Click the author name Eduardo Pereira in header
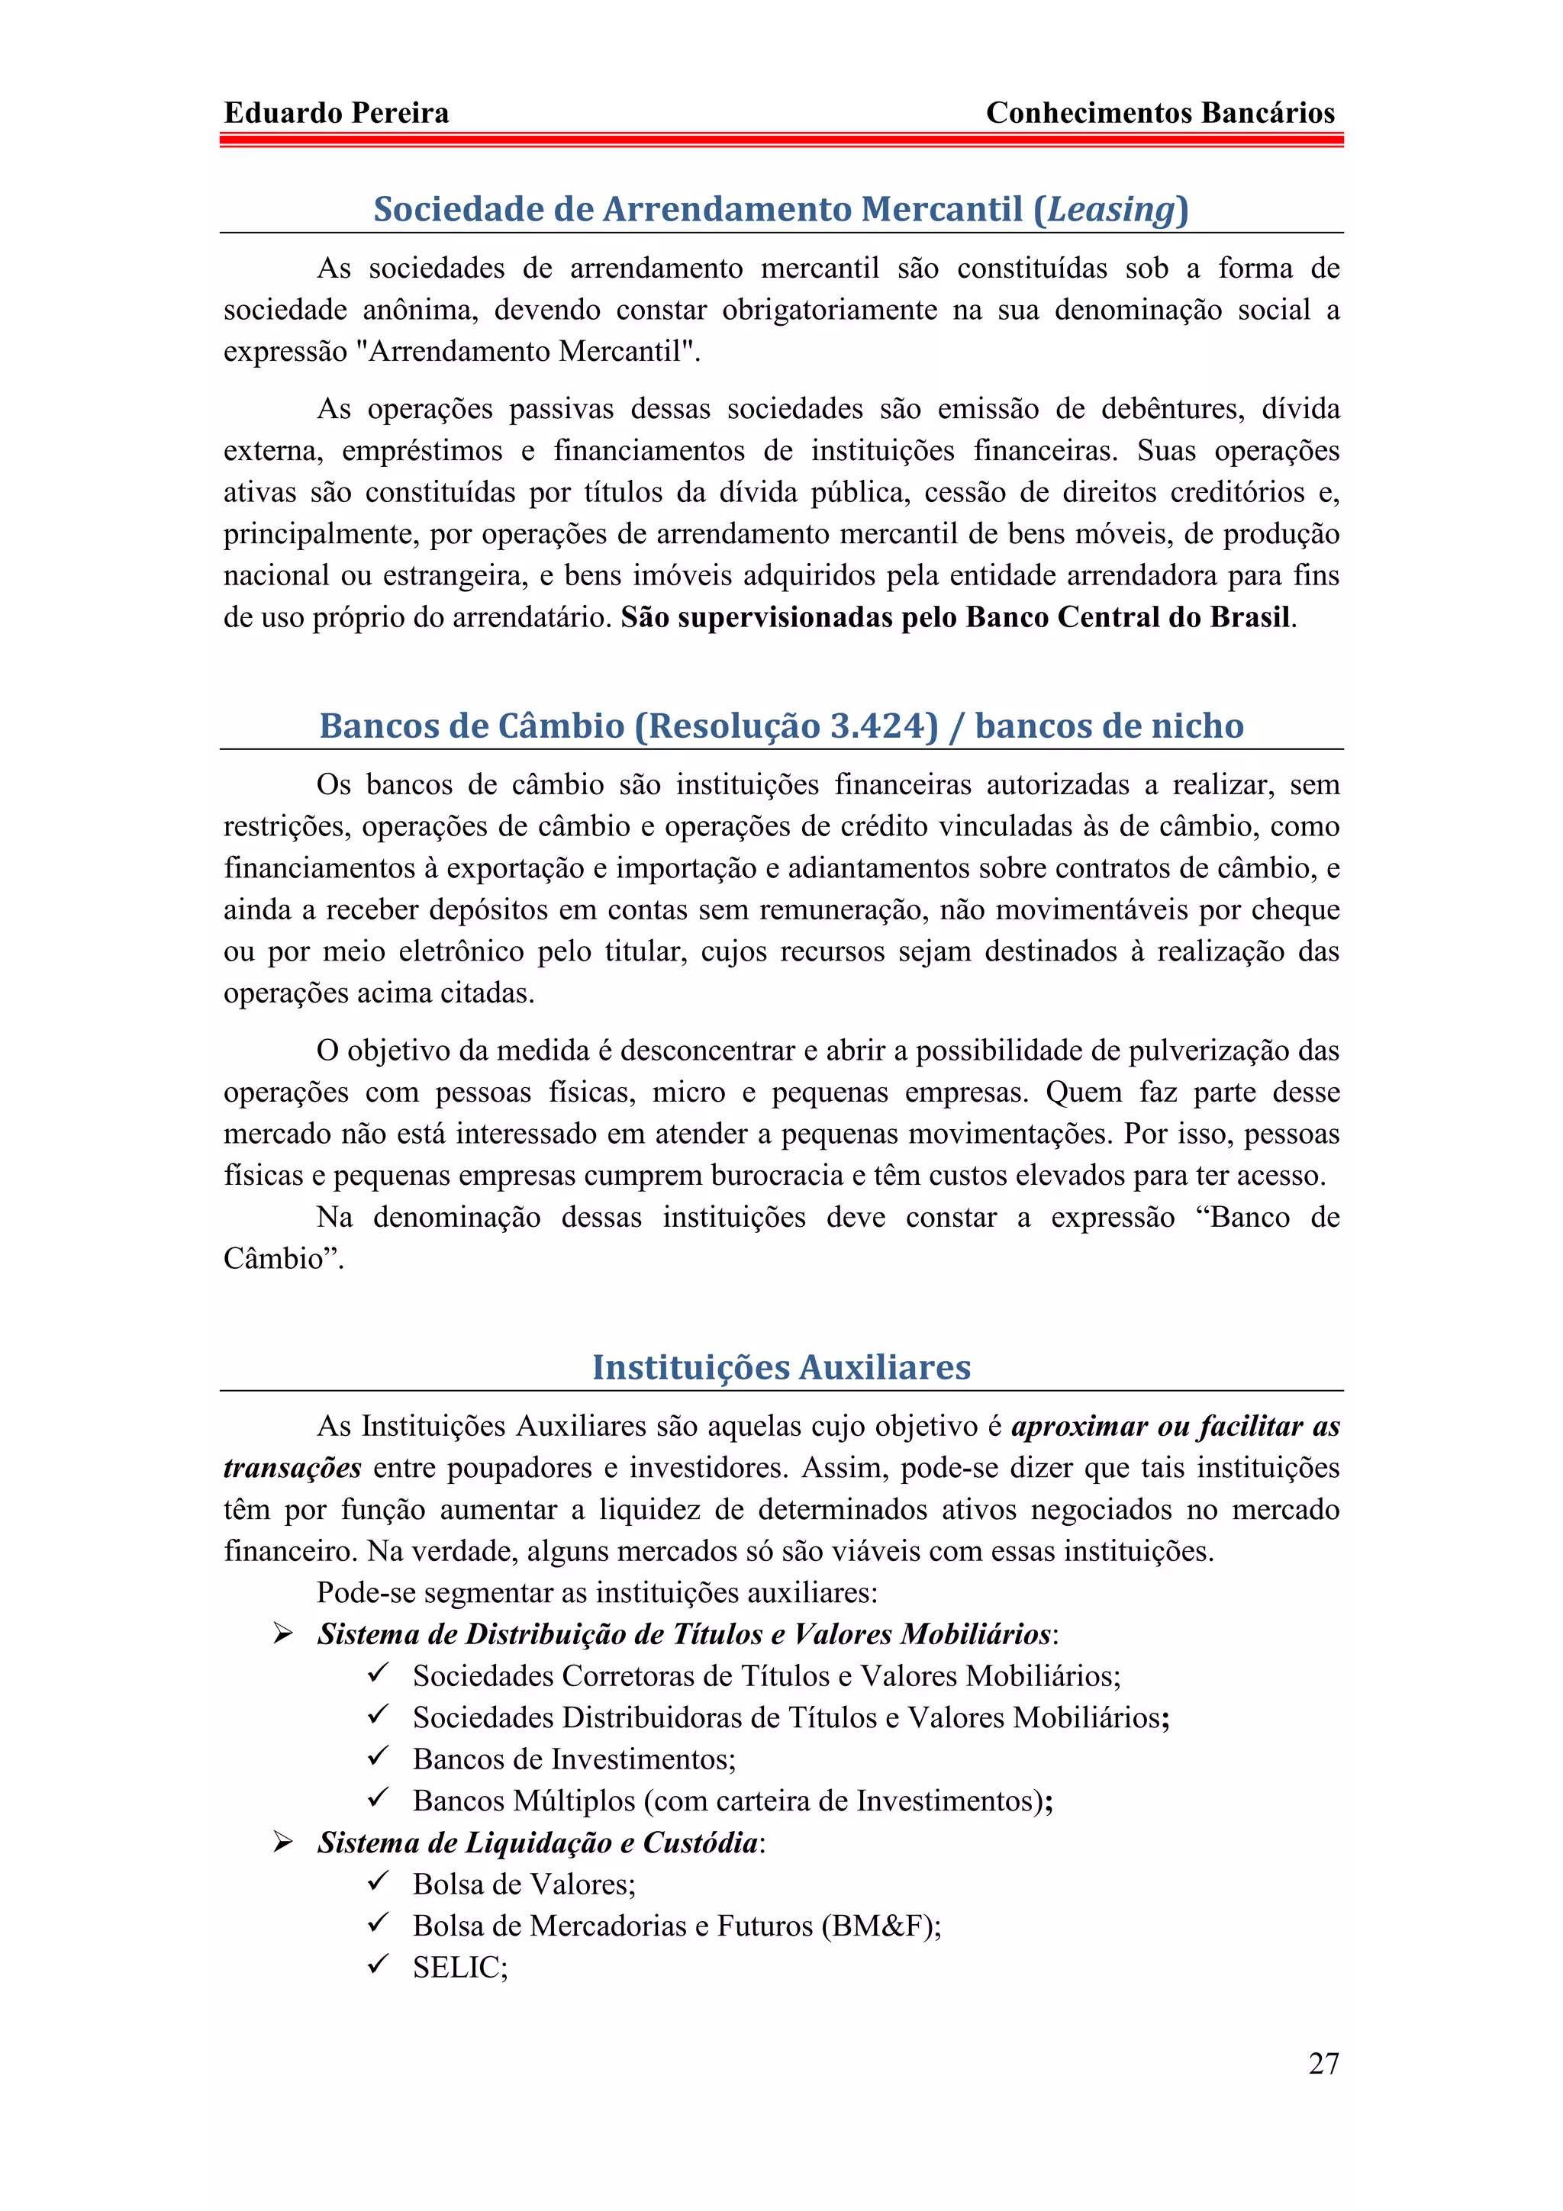(x=336, y=114)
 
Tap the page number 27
(x=1323, y=2063)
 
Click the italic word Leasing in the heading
(x=1111, y=209)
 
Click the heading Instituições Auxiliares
(x=781, y=1366)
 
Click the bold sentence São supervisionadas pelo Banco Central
(x=957, y=617)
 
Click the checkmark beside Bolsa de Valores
(x=378, y=1881)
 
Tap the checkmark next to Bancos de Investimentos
(x=378, y=1756)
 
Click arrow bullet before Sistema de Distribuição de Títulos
(x=282, y=1633)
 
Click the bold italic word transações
(x=292, y=1468)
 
